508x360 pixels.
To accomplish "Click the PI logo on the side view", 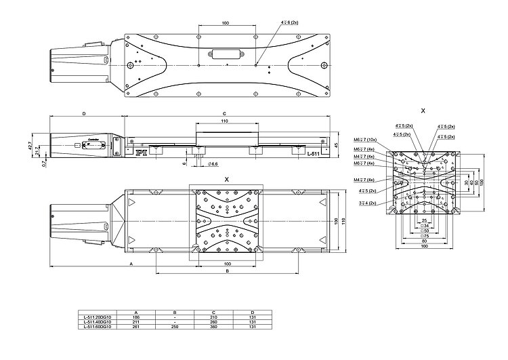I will pos(142,154).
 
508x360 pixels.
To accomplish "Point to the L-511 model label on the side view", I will pos(313,155).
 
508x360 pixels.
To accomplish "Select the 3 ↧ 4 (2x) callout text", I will pos(368,201).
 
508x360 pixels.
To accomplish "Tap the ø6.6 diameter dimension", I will pos(212,164).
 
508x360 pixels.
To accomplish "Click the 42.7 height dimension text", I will pos(31,145).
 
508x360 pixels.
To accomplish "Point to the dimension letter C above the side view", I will pos(224,113).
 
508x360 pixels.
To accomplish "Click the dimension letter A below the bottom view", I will pos(131,261).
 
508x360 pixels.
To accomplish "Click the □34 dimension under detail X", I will pos(425,226).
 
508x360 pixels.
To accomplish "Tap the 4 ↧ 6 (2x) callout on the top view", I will pos(290,22).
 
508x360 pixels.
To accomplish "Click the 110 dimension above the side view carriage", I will pos(224,121).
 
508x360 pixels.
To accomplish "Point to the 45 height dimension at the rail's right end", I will pos(335,145).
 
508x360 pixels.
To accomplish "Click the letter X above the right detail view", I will pos(423,109).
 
